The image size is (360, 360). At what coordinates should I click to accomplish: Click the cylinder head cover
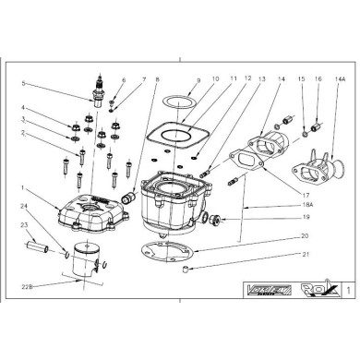(x=91, y=209)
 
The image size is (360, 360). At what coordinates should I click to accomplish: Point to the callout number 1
(x=27, y=188)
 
